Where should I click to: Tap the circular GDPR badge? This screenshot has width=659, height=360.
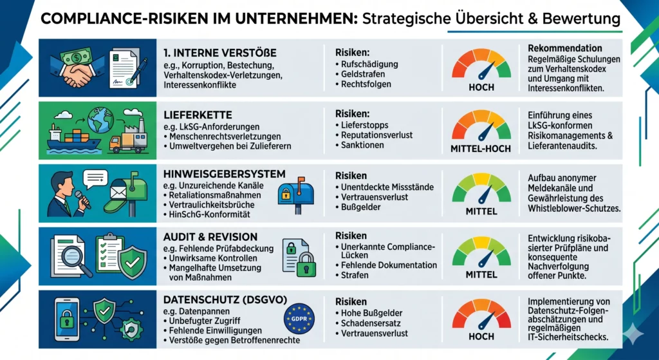click(299, 318)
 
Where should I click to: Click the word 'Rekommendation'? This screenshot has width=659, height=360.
click(564, 48)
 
